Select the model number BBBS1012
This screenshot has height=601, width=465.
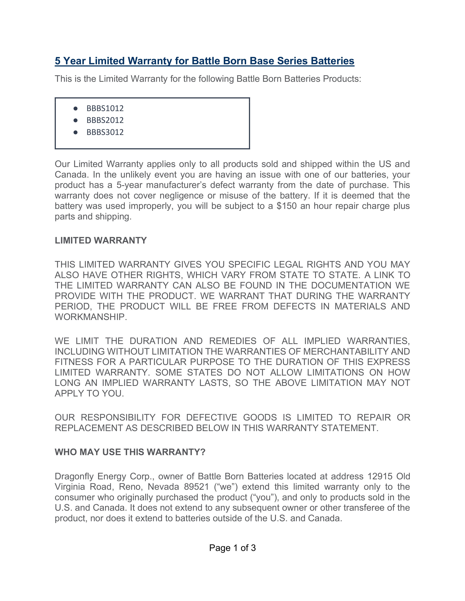(x=105, y=108)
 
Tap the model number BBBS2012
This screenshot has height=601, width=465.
(x=105, y=120)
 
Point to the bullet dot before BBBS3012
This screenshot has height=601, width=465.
(x=75, y=132)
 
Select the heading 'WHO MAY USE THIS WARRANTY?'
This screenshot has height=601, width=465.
(x=130, y=452)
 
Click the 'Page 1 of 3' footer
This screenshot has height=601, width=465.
(x=232, y=548)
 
